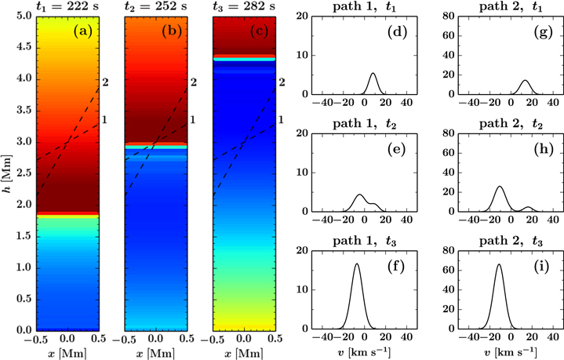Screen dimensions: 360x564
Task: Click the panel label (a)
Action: [x=82, y=31]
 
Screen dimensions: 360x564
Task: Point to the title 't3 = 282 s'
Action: [x=243, y=7]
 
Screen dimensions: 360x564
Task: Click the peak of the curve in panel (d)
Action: [x=373, y=74]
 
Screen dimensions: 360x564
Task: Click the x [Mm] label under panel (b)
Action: [x=155, y=351]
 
